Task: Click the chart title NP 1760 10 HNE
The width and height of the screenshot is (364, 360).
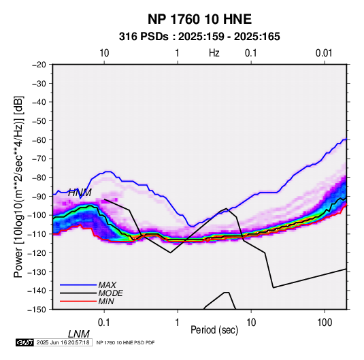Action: tap(199, 19)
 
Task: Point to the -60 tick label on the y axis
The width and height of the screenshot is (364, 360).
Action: tap(39, 140)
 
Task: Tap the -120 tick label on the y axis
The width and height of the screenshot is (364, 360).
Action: tap(37, 252)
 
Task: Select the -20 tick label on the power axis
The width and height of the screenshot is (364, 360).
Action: tap(39, 65)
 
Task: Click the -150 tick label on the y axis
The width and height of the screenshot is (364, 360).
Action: tap(37, 310)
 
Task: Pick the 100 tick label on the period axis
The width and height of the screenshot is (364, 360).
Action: tap(325, 323)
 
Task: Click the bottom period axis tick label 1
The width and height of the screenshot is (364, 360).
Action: tap(178, 323)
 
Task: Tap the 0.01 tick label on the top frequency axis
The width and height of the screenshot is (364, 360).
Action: tap(324, 53)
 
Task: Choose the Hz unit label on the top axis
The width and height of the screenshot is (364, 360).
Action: tap(214, 53)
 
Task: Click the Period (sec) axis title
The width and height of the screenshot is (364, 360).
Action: tap(214, 330)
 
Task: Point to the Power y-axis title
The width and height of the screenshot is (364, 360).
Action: tap(18, 186)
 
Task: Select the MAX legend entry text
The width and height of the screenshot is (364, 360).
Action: tap(107, 285)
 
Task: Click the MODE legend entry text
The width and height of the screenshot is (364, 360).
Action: tap(110, 293)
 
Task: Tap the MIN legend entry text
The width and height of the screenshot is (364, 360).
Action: tap(106, 301)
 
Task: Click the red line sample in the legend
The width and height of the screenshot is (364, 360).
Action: tap(78, 301)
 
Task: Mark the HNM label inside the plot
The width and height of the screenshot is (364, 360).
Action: tap(80, 193)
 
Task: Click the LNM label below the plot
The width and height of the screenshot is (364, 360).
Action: tap(79, 334)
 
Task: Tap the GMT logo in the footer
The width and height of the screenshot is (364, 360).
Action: tap(25, 342)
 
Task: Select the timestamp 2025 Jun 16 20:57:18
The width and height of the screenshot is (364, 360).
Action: tap(63, 342)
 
